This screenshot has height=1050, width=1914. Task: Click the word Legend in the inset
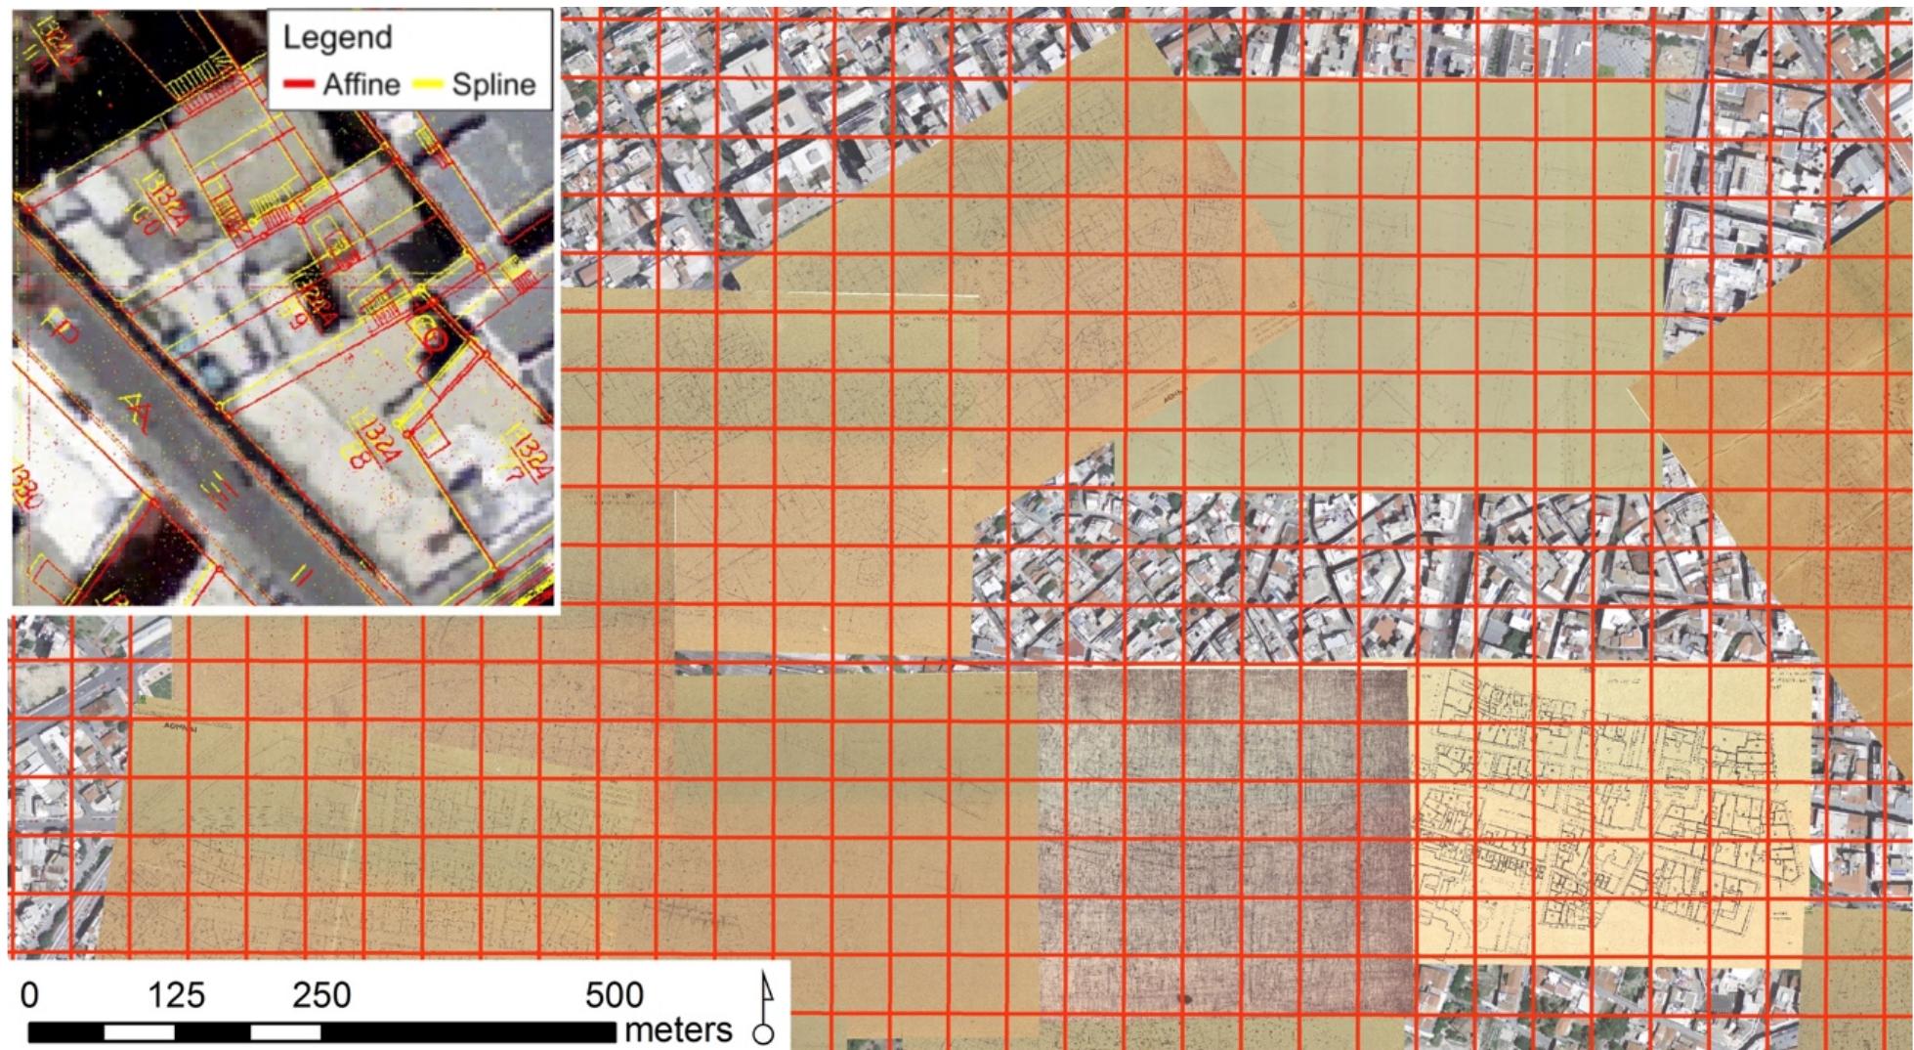(337, 38)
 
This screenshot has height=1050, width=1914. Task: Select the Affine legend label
(362, 84)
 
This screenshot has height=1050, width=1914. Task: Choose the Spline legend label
(493, 84)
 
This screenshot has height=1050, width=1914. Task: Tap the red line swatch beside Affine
(298, 85)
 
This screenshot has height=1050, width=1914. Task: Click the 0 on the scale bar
(30, 995)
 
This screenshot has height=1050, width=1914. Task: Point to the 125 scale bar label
(176, 995)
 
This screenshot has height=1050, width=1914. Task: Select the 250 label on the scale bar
(321, 995)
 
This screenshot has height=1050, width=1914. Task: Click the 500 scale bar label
(615, 995)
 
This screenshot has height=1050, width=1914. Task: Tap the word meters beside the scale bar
(678, 1028)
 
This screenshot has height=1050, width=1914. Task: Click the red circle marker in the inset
(436, 339)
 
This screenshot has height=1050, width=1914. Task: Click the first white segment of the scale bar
(139, 1031)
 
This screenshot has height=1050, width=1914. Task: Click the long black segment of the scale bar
(469, 1031)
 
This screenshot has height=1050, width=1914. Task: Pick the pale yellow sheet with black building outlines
(1602, 811)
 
